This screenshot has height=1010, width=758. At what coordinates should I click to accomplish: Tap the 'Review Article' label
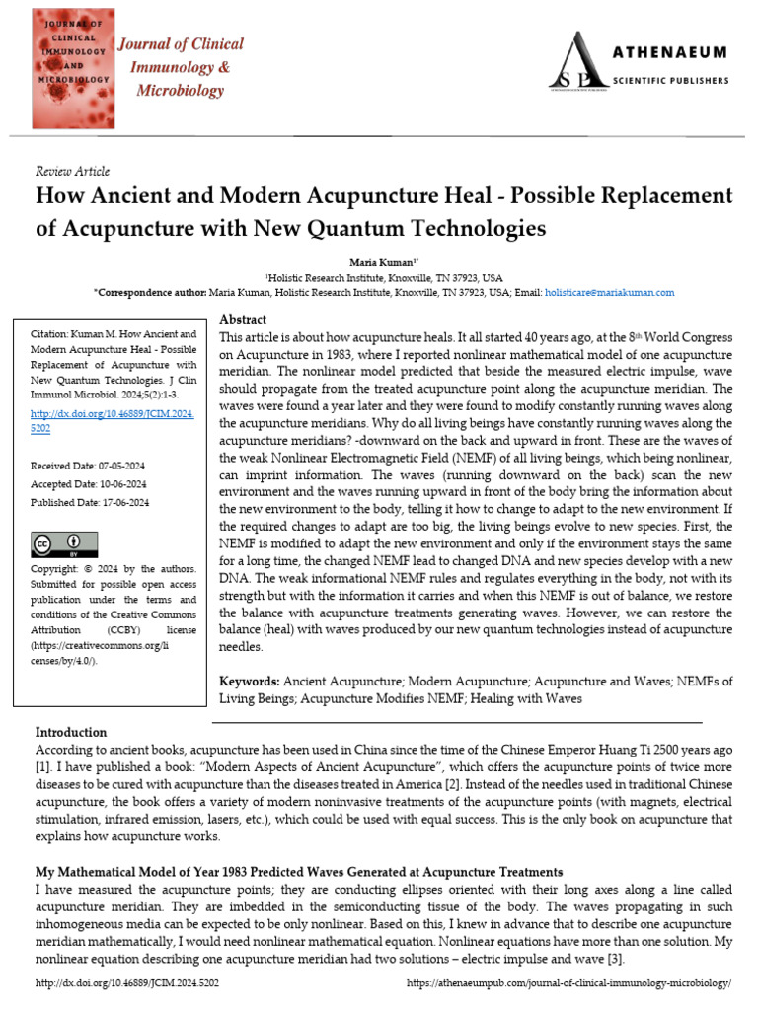(72, 171)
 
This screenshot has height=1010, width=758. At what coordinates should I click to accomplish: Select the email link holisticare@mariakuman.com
(610, 293)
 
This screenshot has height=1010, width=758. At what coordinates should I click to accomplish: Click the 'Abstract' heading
(243, 320)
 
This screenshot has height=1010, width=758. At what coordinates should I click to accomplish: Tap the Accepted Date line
(88, 483)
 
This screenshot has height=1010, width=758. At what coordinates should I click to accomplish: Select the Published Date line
(89, 502)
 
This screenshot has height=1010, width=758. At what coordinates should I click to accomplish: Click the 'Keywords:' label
(249, 682)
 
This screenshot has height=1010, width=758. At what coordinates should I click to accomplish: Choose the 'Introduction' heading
(71, 732)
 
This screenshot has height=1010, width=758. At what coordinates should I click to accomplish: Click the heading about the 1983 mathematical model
(299, 872)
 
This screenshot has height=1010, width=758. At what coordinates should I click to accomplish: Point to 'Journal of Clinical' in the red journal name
(182, 44)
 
